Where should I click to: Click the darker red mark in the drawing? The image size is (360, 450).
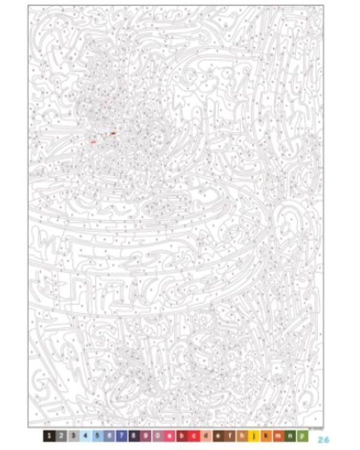coord(113,133)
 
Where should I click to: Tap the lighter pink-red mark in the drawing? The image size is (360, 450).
coord(93,142)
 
